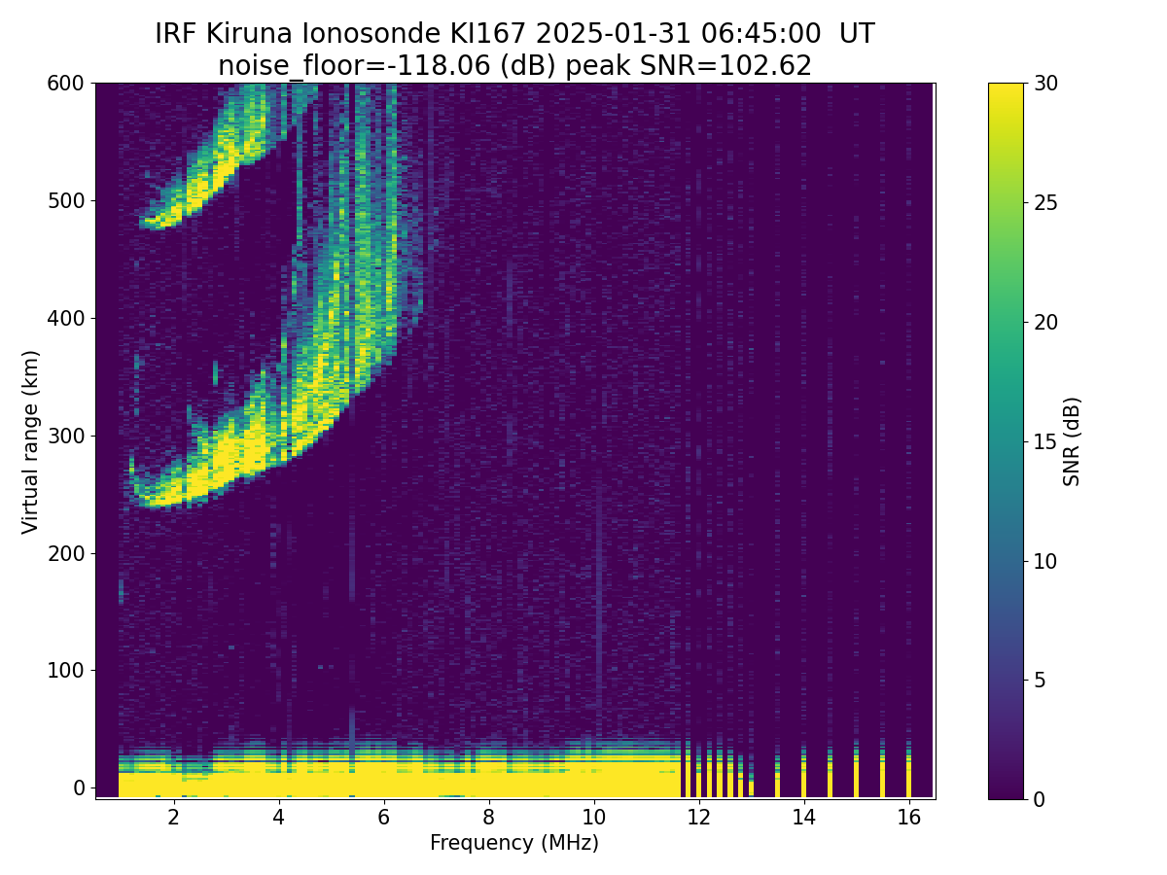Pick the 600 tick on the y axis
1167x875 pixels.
pyautogui.click(x=66, y=84)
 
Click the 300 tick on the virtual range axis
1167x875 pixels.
pyautogui.click(x=66, y=436)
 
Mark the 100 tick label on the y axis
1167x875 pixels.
pyautogui.click(x=66, y=670)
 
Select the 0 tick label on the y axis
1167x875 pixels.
pyautogui.click(x=80, y=787)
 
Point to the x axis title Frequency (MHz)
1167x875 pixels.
pyautogui.click(x=514, y=843)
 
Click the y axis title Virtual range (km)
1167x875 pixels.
pyautogui.click(x=31, y=441)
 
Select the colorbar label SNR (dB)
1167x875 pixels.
pyautogui.click(x=1072, y=441)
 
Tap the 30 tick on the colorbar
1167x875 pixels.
pyautogui.click(x=1045, y=84)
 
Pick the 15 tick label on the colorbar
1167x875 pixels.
pyautogui.click(x=1045, y=441)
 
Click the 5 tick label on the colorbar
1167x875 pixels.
pyautogui.click(x=1040, y=680)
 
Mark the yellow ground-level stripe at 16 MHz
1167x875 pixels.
pyautogui.click(x=908, y=778)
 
